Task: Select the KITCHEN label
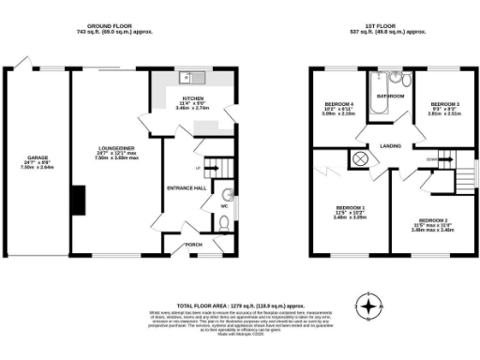(192, 97)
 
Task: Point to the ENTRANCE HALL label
(187, 187)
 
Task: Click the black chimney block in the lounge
(82, 199)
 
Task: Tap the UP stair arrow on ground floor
(198, 169)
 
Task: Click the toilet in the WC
(221, 223)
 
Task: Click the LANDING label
(391, 145)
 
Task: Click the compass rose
(371, 307)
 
